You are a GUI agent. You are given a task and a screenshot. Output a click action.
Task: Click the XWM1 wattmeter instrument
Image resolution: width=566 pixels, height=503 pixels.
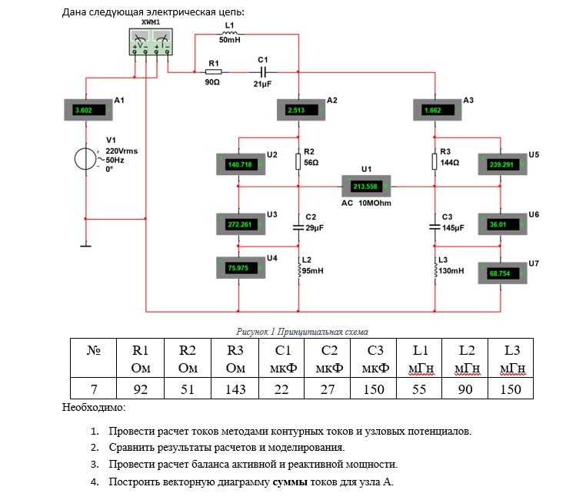coord(151,41)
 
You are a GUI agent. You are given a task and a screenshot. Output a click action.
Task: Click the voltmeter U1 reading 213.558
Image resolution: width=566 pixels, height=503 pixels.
coord(367,187)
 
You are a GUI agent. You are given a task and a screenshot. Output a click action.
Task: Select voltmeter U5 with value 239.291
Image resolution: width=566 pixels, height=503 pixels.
coord(502,164)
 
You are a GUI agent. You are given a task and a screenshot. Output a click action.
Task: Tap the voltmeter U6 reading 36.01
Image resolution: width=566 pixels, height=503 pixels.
coord(502,224)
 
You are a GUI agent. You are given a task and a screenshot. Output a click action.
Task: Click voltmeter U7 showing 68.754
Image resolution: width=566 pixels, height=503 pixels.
coord(502,273)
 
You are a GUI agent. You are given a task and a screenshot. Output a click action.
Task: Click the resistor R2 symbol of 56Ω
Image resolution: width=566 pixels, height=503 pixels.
coord(298,161)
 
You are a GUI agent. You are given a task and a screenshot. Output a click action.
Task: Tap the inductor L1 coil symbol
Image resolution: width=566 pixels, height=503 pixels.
coord(229,34)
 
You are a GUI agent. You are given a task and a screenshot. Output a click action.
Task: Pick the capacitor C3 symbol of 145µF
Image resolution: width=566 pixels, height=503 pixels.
coord(434,227)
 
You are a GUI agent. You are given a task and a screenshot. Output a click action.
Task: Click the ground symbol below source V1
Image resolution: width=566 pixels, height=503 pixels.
coord(86,246)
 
